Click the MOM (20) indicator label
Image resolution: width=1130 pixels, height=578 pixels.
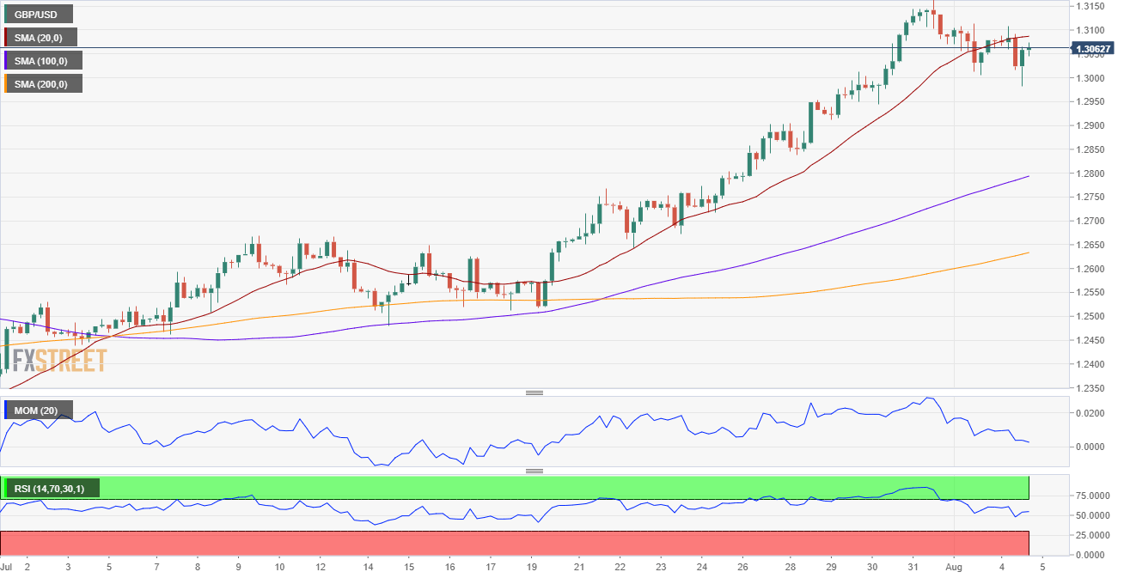pos(39,411)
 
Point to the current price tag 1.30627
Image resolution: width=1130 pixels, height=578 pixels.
pos(1093,49)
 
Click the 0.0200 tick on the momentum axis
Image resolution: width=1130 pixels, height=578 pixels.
pos(1087,413)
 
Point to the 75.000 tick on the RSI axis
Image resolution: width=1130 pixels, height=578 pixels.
pos(1089,496)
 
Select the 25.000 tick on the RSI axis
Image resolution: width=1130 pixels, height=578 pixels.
pos(1089,535)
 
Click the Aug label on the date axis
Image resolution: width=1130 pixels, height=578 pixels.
pos(954,568)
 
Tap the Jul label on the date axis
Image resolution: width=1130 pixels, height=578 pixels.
pos(7,568)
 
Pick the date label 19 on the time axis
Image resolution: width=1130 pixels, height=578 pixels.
pos(532,568)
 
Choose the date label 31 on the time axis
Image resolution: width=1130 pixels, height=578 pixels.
pos(913,568)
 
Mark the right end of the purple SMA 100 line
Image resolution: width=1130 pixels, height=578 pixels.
pos(1029,176)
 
